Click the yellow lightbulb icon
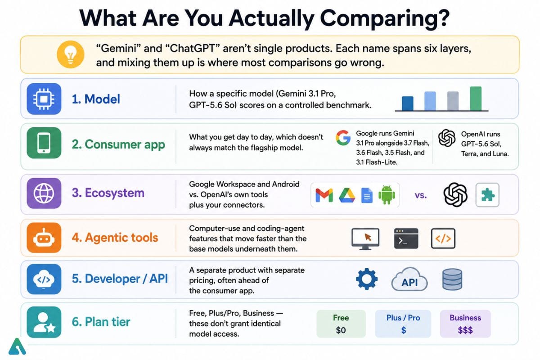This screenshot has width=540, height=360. [70, 54]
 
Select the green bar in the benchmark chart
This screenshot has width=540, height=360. [476, 99]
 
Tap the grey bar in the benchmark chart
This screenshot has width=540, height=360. [453, 101]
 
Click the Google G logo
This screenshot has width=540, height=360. [343, 138]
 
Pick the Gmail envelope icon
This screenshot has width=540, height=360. [324, 195]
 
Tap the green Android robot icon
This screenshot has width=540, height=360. [387, 195]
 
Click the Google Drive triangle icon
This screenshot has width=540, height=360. [347, 195]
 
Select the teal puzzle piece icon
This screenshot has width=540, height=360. [487, 195]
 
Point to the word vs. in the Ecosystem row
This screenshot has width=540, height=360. [421, 195]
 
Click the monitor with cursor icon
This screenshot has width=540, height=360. [365, 238]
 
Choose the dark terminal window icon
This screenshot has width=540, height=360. [406, 238]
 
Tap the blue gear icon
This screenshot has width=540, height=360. [367, 279]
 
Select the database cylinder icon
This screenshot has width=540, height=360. [452, 279]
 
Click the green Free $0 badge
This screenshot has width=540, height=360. [341, 324]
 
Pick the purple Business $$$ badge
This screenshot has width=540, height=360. [465, 324]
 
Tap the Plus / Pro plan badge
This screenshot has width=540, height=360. [403, 324]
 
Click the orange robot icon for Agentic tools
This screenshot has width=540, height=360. [44, 238]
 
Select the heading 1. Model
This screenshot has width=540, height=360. [96, 99]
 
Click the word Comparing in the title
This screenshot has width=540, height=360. [385, 19]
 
